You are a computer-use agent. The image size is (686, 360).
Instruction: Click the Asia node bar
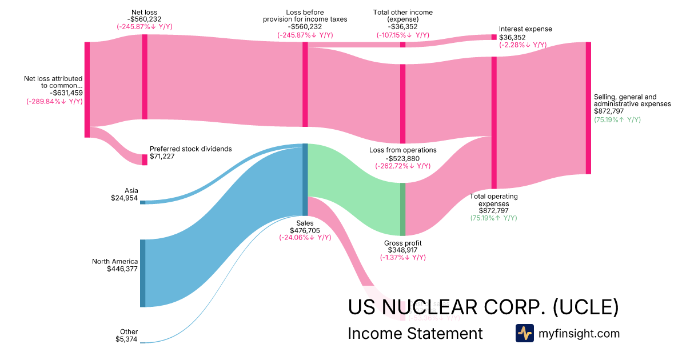[x=142, y=202]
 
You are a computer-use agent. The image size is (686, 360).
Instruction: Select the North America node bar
[x=142, y=273]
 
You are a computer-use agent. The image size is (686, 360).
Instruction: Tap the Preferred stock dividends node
[x=145, y=159]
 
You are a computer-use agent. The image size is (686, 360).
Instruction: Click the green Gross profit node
[x=402, y=209]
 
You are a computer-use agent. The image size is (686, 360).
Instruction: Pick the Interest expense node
[x=494, y=37]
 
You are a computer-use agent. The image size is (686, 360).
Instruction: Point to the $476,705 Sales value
[x=305, y=230]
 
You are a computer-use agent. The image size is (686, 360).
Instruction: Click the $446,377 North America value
[x=122, y=269]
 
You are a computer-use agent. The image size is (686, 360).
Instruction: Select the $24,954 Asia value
[x=125, y=198]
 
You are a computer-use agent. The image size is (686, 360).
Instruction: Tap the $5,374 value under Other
[x=126, y=339]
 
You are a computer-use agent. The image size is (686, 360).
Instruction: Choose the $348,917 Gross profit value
[x=402, y=250]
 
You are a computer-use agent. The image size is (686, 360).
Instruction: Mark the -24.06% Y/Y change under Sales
[x=305, y=238]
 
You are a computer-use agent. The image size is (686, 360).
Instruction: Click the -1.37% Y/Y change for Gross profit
[x=402, y=258]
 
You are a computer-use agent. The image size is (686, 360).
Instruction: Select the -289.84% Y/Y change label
[x=54, y=102]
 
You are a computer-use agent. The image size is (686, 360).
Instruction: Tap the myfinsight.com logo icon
[x=525, y=333]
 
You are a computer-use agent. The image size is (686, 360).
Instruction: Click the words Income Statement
[x=415, y=333]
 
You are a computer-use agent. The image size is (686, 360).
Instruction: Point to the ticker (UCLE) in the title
[x=586, y=307]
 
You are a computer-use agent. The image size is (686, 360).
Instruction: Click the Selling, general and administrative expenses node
[x=588, y=108]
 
